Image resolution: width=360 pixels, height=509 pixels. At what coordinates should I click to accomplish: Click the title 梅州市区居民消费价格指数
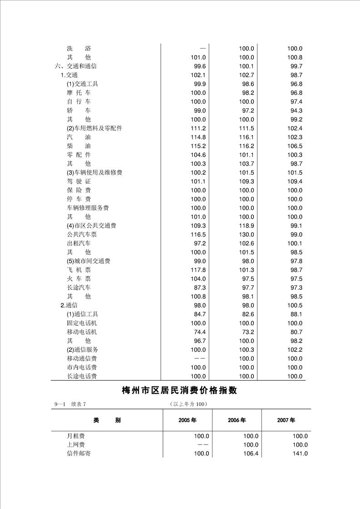(180, 391)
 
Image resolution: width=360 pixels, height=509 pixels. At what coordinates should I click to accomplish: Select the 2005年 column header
(187, 421)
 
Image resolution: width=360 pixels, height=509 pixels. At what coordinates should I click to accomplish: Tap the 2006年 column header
(237, 421)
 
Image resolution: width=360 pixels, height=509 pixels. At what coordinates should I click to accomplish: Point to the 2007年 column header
(286, 421)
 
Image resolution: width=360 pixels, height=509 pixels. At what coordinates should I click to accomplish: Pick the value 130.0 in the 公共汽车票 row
(247, 235)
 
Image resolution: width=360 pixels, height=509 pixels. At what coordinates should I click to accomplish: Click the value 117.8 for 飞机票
(198, 270)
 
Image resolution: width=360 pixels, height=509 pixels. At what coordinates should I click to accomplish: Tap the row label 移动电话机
(82, 332)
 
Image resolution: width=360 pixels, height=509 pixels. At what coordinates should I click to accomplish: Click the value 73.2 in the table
(248, 332)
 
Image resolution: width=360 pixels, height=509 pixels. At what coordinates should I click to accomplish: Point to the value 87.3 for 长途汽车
(200, 288)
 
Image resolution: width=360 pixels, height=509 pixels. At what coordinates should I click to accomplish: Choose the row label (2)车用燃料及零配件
(94, 128)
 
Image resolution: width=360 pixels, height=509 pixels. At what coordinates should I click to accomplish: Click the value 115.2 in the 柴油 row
(198, 146)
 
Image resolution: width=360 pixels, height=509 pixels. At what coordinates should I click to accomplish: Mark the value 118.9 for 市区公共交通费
(247, 226)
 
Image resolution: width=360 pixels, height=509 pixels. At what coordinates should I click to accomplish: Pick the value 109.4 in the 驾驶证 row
(295, 181)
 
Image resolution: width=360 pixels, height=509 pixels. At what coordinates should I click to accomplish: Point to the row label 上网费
(76, 445)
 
